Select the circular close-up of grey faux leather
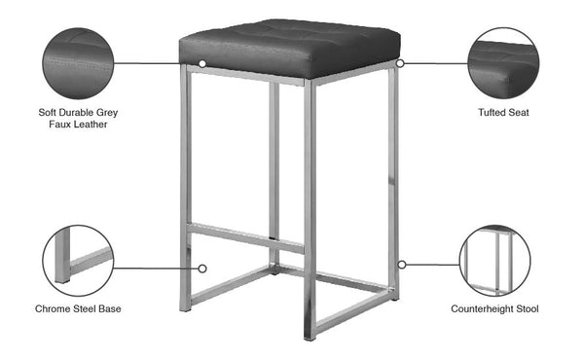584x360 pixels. pyautogui.click(x=78, y=61)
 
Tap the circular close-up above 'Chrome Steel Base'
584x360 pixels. pyautogui.click(x=78, y=261)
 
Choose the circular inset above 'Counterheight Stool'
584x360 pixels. pyautogui.click(x=494, y=261)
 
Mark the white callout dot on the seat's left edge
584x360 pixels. pyautogui.click(x=202, y=63)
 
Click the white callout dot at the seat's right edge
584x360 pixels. pyautogui.click(x=400, y=63)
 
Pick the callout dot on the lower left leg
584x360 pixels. pyautogui.click(x=203, y=267)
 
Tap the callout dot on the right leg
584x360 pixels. pyautogui.click(x=401, y=263)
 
